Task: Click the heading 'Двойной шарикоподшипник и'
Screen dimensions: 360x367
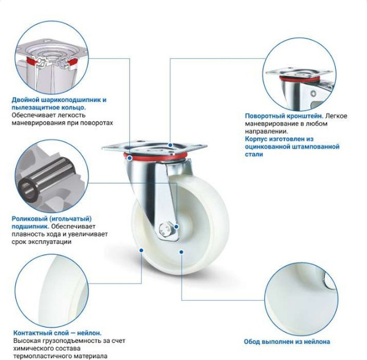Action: point(59,99)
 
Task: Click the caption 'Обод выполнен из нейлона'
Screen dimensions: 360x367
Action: point(290,342)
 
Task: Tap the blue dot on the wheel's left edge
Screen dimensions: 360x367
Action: point(141,250)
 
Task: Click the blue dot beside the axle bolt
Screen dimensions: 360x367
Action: point(177,227)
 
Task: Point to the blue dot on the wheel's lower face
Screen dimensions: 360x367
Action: point(182,251)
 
